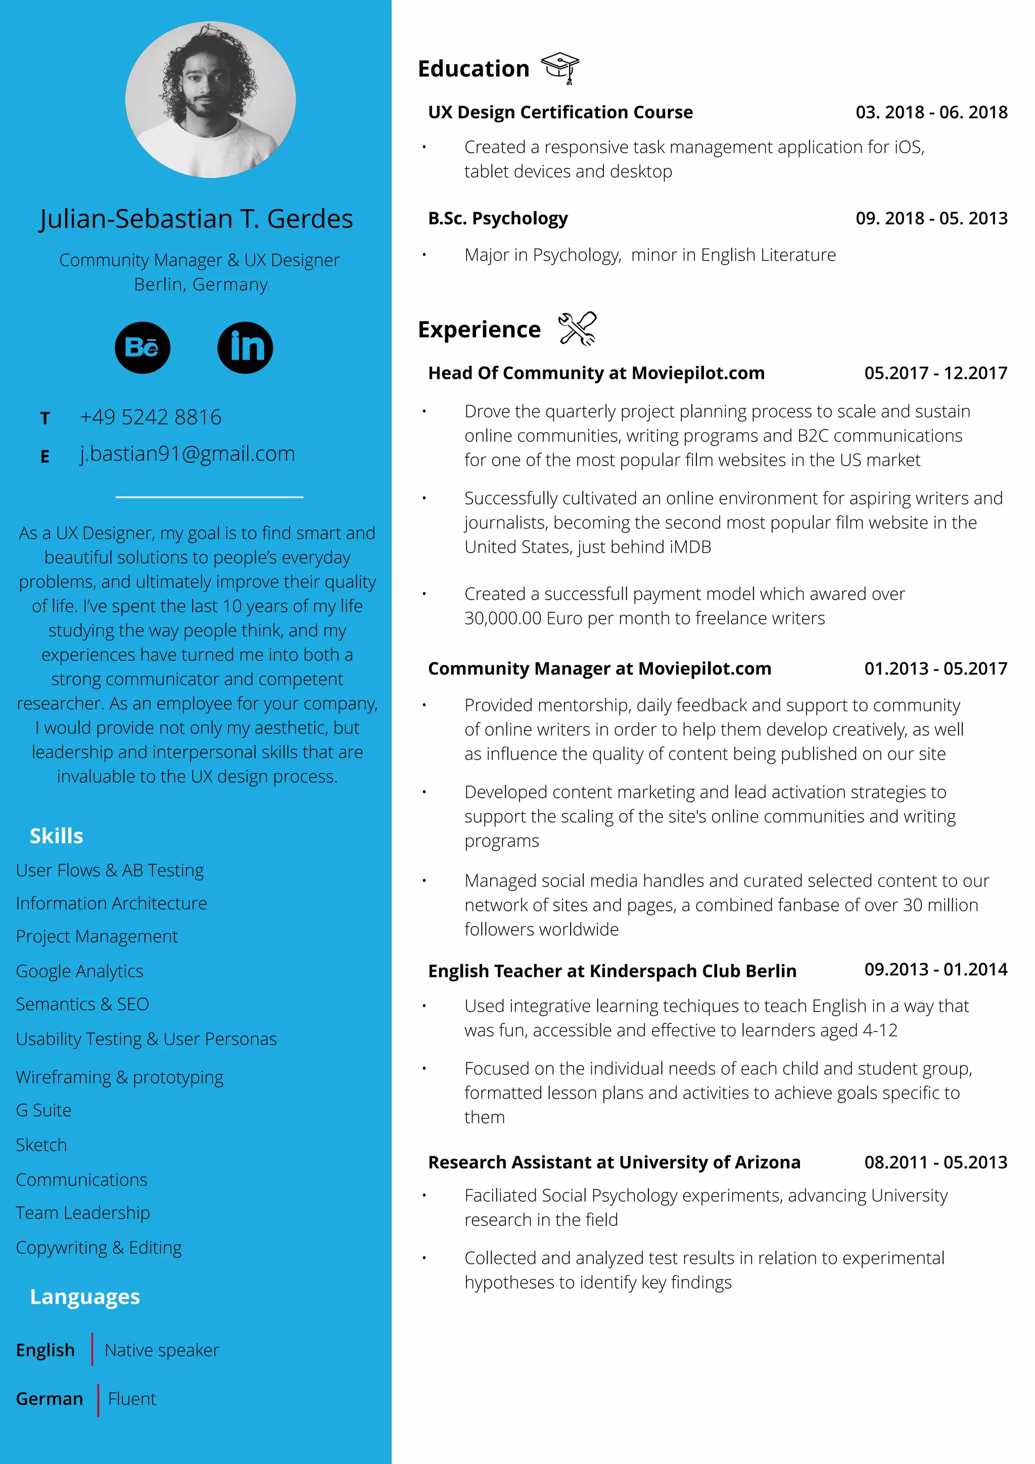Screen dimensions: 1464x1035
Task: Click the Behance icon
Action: click(x=142, y=348)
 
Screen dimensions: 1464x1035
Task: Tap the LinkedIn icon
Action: click(x=245, y=348)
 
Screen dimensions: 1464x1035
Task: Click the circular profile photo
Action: click(x=210, y=100)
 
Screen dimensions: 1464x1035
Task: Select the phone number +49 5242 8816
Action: click(x=151, y=417)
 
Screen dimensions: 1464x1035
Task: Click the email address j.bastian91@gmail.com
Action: click(x=187, y=454)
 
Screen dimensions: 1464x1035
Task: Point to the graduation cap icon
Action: click(x=560, y=68)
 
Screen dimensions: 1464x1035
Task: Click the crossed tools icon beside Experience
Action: click(x=577, y=329)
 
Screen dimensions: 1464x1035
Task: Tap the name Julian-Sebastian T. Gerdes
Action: click(x=196, y=219)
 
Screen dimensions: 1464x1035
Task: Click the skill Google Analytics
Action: click(x=80, y=971)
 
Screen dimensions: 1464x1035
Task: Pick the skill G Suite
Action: click(x=43, y=1110)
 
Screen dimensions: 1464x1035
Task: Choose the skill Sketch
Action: click(x=41, y=1145)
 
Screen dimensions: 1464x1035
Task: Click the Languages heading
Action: click(x=85, y=1297)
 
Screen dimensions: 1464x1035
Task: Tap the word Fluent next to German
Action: click(x=132, y=1399)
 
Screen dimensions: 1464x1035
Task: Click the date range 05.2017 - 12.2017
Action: click(x=935, y=373)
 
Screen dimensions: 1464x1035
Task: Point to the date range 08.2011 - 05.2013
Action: click(x=935, y=1162)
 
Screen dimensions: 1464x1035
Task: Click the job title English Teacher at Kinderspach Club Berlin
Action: click(x=612, y=971)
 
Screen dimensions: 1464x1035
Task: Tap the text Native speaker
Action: click(x=162, y=1350)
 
